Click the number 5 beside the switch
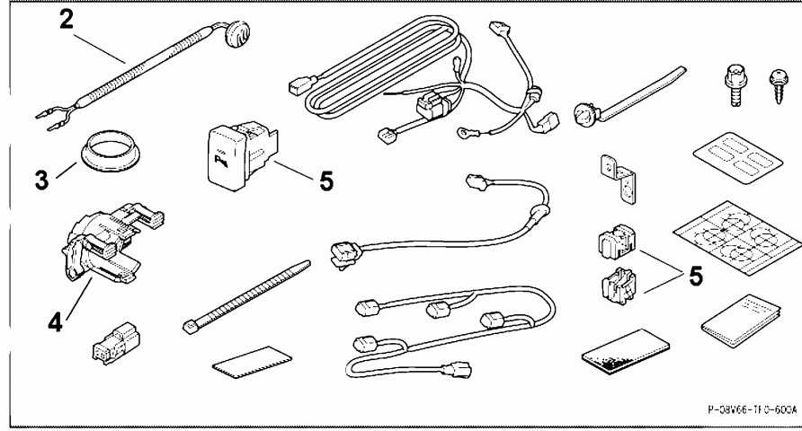325,180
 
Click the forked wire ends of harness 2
49,116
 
